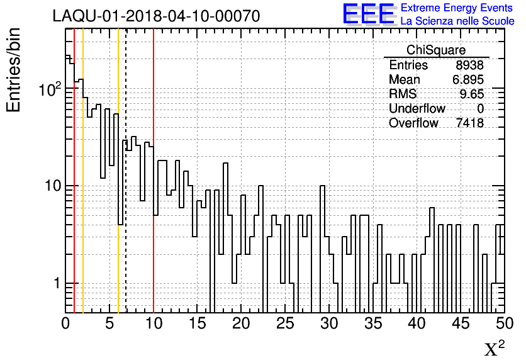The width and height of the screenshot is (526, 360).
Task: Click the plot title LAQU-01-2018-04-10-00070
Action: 156,16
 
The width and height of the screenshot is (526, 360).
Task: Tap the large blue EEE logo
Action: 368,14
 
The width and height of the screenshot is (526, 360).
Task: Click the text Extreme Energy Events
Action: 457,8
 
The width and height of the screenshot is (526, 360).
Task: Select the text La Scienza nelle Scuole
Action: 457,21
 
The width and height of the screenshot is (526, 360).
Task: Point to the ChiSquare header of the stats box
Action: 436,50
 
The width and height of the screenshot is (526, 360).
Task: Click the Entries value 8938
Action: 470,65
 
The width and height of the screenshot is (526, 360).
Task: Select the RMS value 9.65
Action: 471,94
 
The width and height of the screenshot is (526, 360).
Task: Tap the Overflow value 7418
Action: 470,123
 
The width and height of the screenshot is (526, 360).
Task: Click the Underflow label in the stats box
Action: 417,109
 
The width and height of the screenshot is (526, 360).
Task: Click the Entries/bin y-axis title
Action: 14,70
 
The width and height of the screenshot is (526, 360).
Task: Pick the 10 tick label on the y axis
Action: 50,186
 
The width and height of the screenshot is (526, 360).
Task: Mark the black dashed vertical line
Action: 126,189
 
